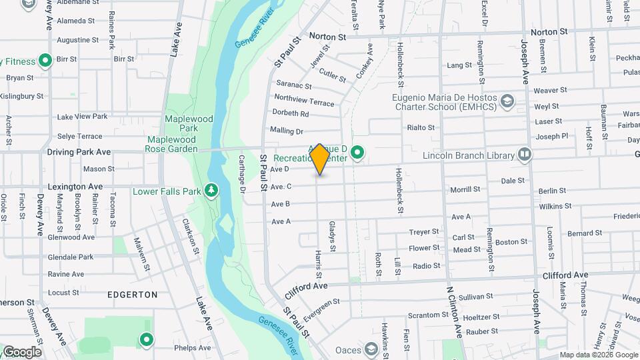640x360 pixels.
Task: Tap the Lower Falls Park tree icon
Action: pos(211,191)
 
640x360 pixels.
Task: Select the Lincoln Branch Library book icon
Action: pos(525,155)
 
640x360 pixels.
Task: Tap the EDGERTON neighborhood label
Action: pos(132,294)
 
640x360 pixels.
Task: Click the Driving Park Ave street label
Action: pos(79,152)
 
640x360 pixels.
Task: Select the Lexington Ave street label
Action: pos(75,187)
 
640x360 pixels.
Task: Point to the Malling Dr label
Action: pos(287,131)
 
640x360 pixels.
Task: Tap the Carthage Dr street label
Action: pos(242,175)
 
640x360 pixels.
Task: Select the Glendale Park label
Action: pos(71,257)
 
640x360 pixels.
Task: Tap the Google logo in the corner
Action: pos(22,352)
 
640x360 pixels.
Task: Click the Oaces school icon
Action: pos(371,349)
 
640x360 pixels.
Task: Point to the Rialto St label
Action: pos(421,127)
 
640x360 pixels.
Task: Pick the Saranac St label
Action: pos(293,86)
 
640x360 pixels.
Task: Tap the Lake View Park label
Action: pos(82,117)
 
